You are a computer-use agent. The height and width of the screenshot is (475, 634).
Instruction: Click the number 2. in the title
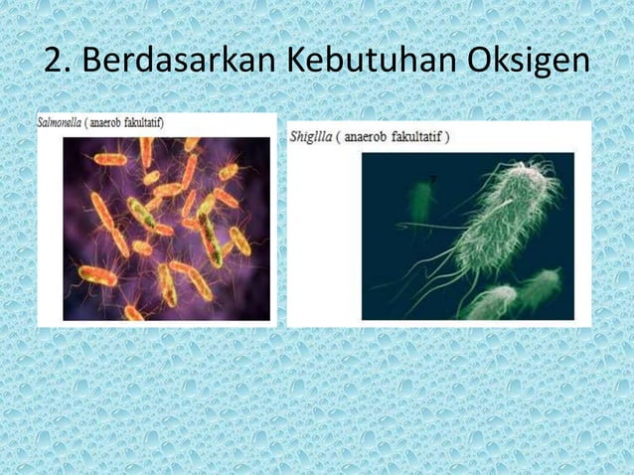click(58, 61)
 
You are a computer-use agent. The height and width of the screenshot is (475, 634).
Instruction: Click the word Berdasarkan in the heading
click(178, 61)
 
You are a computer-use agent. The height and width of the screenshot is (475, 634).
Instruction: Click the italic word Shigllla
click(310, 136)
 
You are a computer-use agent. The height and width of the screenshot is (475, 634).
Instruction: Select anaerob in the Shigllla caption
click(374, 136)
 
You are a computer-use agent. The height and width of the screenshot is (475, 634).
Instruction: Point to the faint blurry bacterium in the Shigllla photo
click(421, 200)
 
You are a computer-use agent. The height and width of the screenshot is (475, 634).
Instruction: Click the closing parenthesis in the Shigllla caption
click(447, 136)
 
